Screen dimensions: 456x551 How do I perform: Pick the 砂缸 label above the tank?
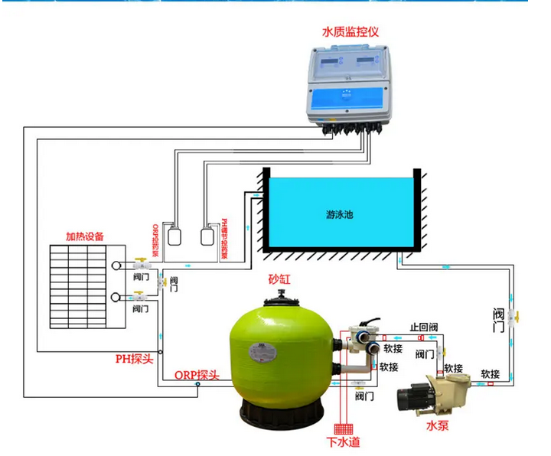pos(279,280)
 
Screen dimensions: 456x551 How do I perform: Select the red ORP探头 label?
pos(197,374)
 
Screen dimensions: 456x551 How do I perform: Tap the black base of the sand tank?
pos(279,414)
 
